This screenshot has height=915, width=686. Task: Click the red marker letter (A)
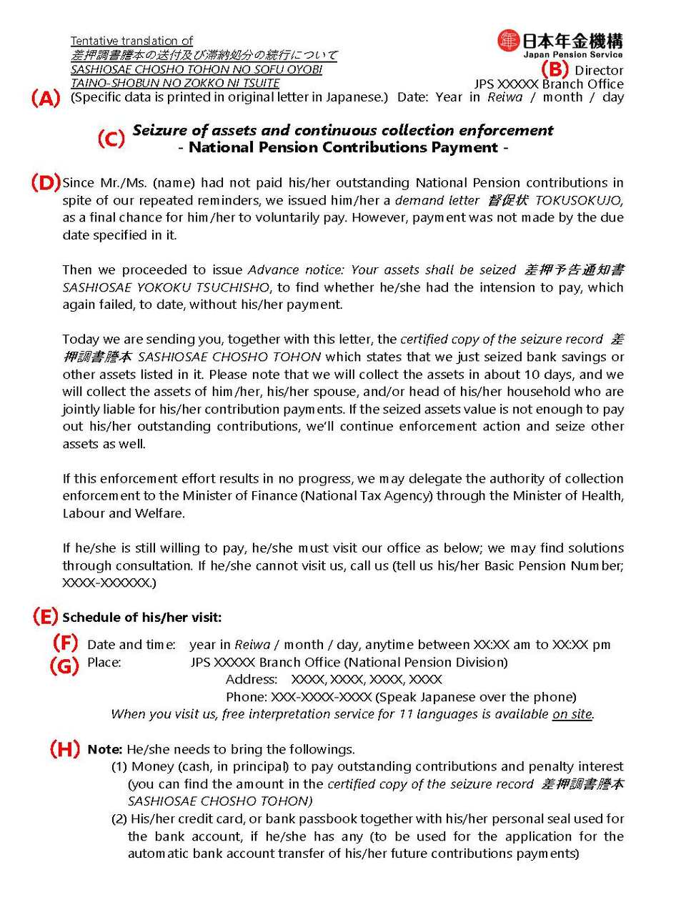[46, 99]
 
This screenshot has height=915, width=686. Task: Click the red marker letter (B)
[555, 69]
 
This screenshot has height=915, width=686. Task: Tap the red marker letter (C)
[111, 138]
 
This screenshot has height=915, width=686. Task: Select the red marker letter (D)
[46, 182]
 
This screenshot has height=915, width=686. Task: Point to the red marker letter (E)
[46, 616]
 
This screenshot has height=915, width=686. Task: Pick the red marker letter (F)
[65, 643]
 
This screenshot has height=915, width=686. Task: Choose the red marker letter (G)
[64, 666]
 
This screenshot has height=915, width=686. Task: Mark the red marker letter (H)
[64, 749]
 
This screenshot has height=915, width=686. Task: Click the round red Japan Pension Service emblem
[508, 41]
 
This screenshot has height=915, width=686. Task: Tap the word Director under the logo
[599, 70]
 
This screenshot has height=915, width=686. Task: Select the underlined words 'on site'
[572, 714]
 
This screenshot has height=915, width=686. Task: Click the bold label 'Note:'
[105, 749]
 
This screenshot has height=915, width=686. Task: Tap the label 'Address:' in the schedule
[252, 679]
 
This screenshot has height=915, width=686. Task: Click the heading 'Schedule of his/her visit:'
[141, 617]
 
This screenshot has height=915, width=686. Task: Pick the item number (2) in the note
[119, 818]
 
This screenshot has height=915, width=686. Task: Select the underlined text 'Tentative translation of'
[131, 41]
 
